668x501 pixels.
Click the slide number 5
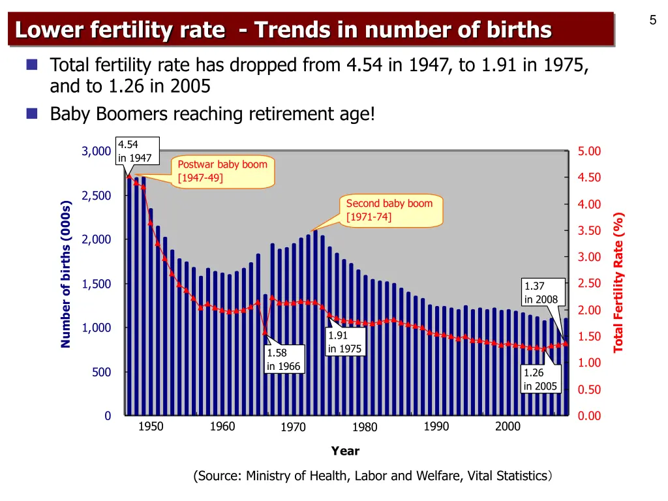[652, 20]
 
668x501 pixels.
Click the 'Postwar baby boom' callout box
[222, 172]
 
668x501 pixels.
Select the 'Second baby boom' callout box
[389, 210]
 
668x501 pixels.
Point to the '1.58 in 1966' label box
[283, 359]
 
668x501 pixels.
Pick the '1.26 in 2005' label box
[540, 380]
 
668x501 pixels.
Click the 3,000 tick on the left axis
[96, 151]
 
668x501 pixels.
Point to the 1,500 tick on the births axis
[96, 284]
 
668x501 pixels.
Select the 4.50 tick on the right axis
[589, 178]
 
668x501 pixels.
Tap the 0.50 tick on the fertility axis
[589, 389]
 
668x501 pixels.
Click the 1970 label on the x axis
[294, 428]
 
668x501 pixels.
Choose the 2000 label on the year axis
[508, 427]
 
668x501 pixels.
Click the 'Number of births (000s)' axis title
[66, 273]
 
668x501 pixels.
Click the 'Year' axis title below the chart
[345, 451]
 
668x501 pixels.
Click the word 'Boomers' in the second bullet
[125, 114]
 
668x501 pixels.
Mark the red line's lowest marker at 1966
[265, 333]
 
